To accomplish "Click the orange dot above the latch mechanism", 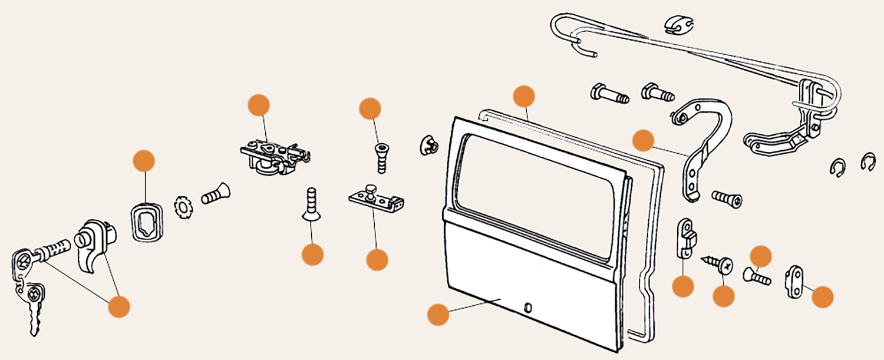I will (x=258, y=104).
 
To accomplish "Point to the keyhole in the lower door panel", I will (x=527, y=307).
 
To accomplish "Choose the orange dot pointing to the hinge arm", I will (x=643, y=141).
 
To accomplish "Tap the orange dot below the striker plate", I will (x=377, y=260).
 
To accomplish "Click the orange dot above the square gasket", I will (x=144, y=161).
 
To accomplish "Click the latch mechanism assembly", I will (x=274, y=154).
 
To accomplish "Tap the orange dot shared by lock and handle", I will (x=119, y=307).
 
